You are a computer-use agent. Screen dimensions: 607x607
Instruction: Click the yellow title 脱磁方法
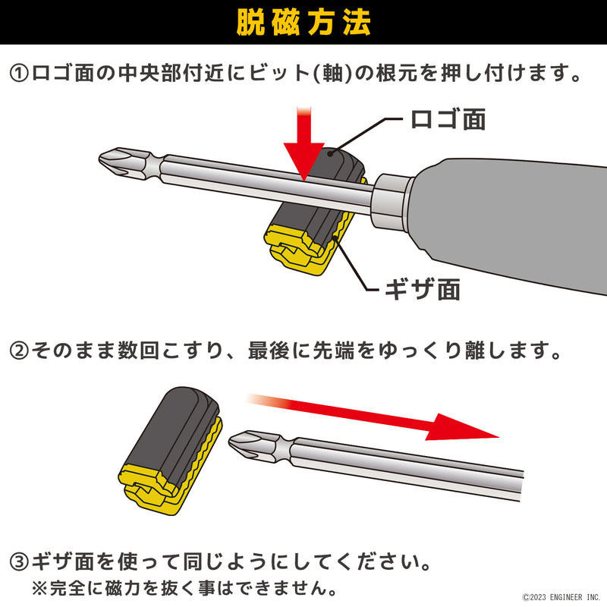303,23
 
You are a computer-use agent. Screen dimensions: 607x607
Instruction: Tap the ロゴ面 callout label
448,119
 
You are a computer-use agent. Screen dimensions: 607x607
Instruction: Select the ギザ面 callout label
423,289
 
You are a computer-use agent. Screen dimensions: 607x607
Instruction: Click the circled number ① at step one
20,73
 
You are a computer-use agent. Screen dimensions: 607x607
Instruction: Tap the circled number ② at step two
20,351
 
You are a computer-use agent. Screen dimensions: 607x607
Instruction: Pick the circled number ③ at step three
20,562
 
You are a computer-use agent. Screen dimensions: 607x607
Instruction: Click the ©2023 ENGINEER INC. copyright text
561,597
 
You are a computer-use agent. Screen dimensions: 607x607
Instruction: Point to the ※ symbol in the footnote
39,589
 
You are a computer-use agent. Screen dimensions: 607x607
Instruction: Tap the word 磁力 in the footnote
123,589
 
